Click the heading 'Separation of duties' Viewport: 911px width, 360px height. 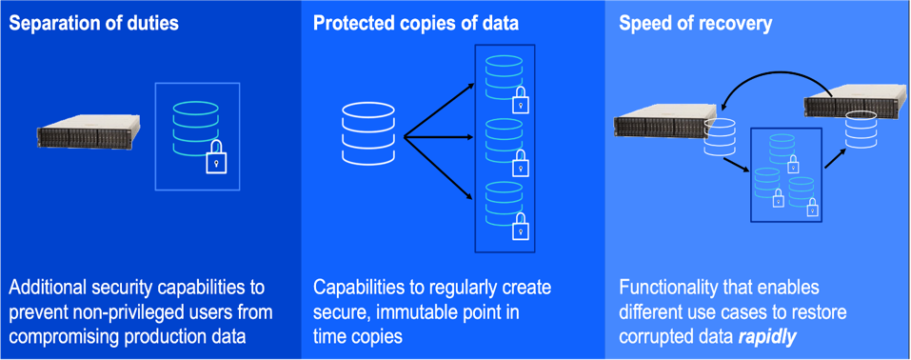93,24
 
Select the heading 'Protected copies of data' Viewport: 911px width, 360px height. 416,24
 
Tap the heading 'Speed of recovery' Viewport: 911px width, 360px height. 695,24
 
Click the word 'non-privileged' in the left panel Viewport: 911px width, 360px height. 127,311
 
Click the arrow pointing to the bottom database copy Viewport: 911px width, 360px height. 440,171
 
